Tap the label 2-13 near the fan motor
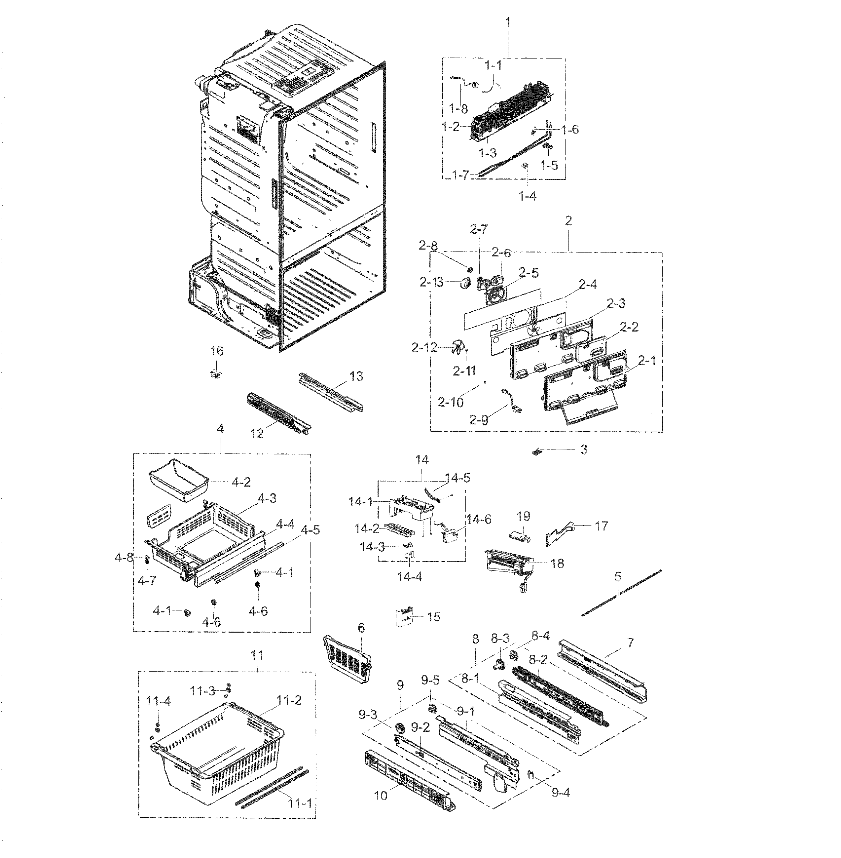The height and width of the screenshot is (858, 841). pos(431,282)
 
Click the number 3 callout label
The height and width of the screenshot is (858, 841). pos(583,449)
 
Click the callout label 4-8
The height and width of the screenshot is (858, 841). pos(124,558)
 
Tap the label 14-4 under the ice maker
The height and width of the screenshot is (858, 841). pos(410,576)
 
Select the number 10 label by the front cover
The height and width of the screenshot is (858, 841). pos(380,796)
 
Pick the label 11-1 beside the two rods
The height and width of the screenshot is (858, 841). pos(300,803)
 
